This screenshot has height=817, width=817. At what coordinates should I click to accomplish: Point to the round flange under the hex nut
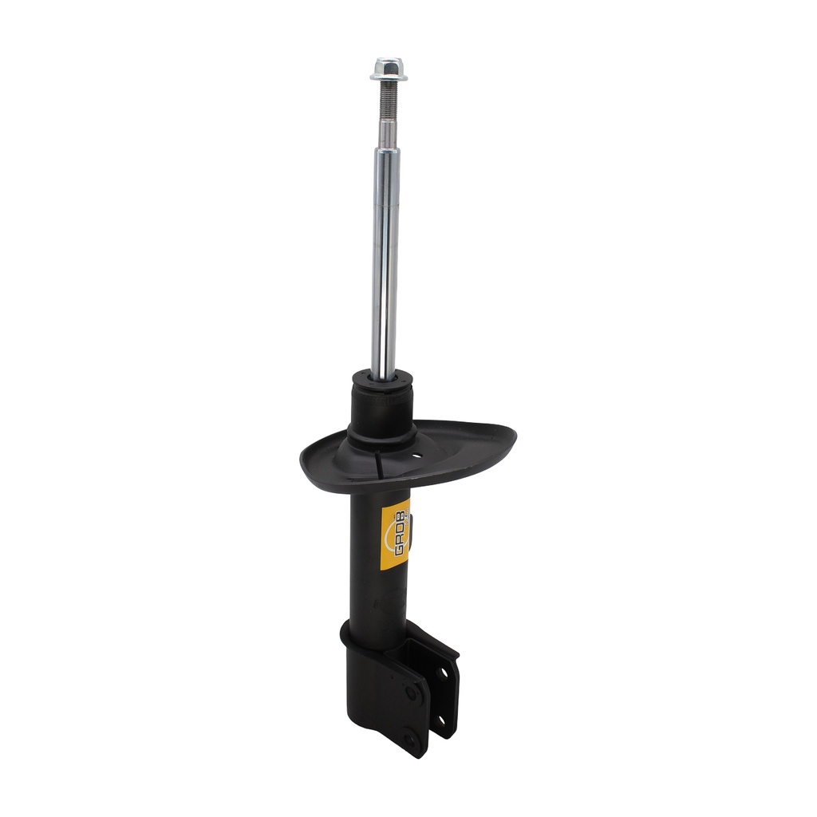[x=389, y=77]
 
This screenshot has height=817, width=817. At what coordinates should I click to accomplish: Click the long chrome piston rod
[x=385, y=261]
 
